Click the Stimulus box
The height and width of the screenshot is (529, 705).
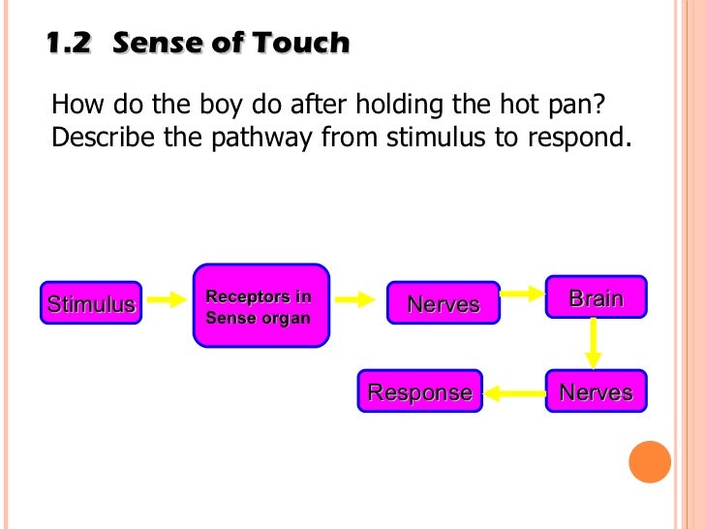coord(91,304)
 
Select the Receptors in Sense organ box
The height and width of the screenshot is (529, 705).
coord(261,305)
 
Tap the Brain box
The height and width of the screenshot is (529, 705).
coord(596,298)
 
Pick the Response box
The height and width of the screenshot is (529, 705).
coord(419,392)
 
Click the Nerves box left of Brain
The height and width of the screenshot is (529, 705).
coord(443,304)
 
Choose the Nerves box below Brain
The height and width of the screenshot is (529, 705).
coord(596,392)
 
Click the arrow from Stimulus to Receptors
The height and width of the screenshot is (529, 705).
coord(167,300)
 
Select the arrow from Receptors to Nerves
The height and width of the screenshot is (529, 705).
coord(354,300)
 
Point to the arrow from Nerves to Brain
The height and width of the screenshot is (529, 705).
coord(522,292)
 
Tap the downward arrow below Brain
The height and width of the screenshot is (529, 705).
coord(594,342)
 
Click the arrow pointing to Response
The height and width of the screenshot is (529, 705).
coord(514,393)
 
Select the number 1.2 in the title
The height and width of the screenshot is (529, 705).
coord(69,44)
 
